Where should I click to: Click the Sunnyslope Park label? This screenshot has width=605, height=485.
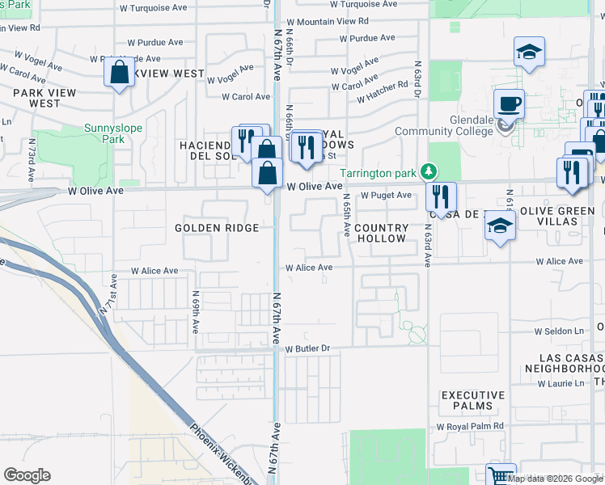click(x=105, y=133)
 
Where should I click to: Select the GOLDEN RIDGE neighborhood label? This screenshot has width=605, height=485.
click(x=217, y=228)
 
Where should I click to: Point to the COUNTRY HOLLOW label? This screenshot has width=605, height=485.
click(x=380, y=234)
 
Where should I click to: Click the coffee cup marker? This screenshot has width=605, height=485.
click(x=509, y=104)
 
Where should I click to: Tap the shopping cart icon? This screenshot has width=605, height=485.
click(x=501, y=476)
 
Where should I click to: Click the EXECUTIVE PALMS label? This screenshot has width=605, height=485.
click(x=473, y=401)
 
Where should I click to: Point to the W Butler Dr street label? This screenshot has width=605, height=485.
click(x=307, y=348)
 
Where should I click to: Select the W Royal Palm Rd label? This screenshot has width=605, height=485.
click(x=470, y=426)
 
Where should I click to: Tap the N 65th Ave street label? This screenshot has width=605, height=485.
click(x=346, y=214)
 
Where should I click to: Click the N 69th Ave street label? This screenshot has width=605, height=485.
click(x=196, y=313)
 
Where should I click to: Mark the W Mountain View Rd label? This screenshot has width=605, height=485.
click(x=327, y=22)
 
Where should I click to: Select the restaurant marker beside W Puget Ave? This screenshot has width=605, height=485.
click(x=442, y=196)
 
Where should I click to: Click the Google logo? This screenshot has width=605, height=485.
click(x=27, y=475)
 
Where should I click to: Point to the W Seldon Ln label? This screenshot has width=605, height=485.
click(x=558, y=331)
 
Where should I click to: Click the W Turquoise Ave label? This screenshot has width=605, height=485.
click(x=153, y=7)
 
